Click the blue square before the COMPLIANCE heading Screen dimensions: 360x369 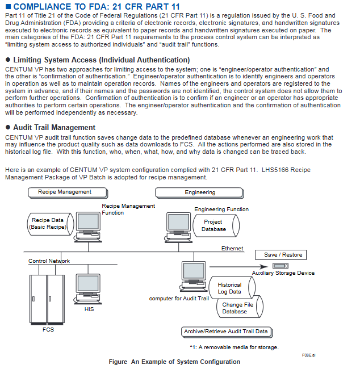pos(9,6)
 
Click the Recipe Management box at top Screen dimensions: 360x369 pos(68,193)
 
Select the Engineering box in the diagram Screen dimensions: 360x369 pos(200,193)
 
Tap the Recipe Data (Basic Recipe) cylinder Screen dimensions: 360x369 pos(51,224)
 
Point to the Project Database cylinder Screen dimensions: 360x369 pos(216,226)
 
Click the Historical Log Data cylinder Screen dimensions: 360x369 pos(232,288)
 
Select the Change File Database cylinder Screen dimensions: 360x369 pos(240,307)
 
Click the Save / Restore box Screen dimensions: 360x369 pos(281,255)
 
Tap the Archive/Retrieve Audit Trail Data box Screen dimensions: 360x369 pos(227,332)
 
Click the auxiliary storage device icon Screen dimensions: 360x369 pos(281,266)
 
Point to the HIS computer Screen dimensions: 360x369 pos(88,289)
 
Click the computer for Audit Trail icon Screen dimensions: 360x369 pos(194,276)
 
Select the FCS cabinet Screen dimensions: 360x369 pos(47,300)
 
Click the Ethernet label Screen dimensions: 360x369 pos(232,249)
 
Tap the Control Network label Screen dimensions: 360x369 pos(49,261)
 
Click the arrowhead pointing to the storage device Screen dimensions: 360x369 pos(263,267)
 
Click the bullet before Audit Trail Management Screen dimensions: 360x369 pos(8,127)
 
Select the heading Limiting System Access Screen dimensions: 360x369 pos(102,60)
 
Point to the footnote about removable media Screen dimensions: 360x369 pos(235,347)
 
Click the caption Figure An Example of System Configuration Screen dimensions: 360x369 pos(174,362)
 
